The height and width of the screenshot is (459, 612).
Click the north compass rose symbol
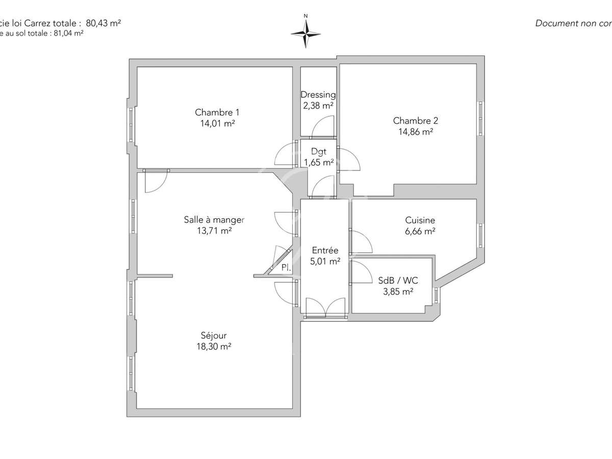click(305, 33)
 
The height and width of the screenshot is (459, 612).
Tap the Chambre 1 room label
click(217, 112)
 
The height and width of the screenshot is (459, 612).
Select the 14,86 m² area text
click(415, 131)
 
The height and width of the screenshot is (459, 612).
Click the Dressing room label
click(318, 94)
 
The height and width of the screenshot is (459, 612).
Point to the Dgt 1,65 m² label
click(319, 157)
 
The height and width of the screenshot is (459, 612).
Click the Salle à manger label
click(214, 220)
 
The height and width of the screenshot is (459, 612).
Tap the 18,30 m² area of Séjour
click(214, 346)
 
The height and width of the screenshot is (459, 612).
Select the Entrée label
click(325, 250)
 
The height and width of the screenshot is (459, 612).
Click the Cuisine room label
click(420, 220)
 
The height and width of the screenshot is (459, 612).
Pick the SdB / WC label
click(398, 280)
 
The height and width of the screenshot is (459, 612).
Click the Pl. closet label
click(286, 267)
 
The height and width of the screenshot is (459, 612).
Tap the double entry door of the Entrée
click(325, 308)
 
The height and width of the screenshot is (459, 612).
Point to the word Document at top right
click(554, 23)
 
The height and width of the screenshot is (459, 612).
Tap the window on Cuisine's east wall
click(480, 235)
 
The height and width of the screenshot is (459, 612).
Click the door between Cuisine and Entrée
click(361, 242)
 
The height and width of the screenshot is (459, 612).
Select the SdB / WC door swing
click(361, 272)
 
